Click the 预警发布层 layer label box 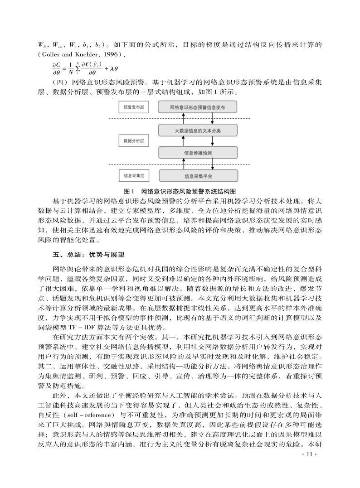pyautogui.click(x=134, y=107)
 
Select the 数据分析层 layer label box pyautogui.click(x=134, y=141)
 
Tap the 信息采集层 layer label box pyautogui.click(x=134, y=174)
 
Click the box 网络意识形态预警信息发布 pyautogui.click(x=198, y=107)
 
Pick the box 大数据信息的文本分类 pyautogui.click(x=198, y=131)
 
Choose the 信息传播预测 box pyautogui.click(x=198, y=152)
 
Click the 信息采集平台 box pyautogui.click(x=198, y=175)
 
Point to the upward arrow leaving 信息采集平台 pyautogui.click(x=183, y=164)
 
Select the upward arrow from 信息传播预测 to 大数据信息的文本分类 pyautogui.click(x=183, y=141)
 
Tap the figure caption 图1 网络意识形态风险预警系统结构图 pyautogui.click(x=180, y=191)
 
